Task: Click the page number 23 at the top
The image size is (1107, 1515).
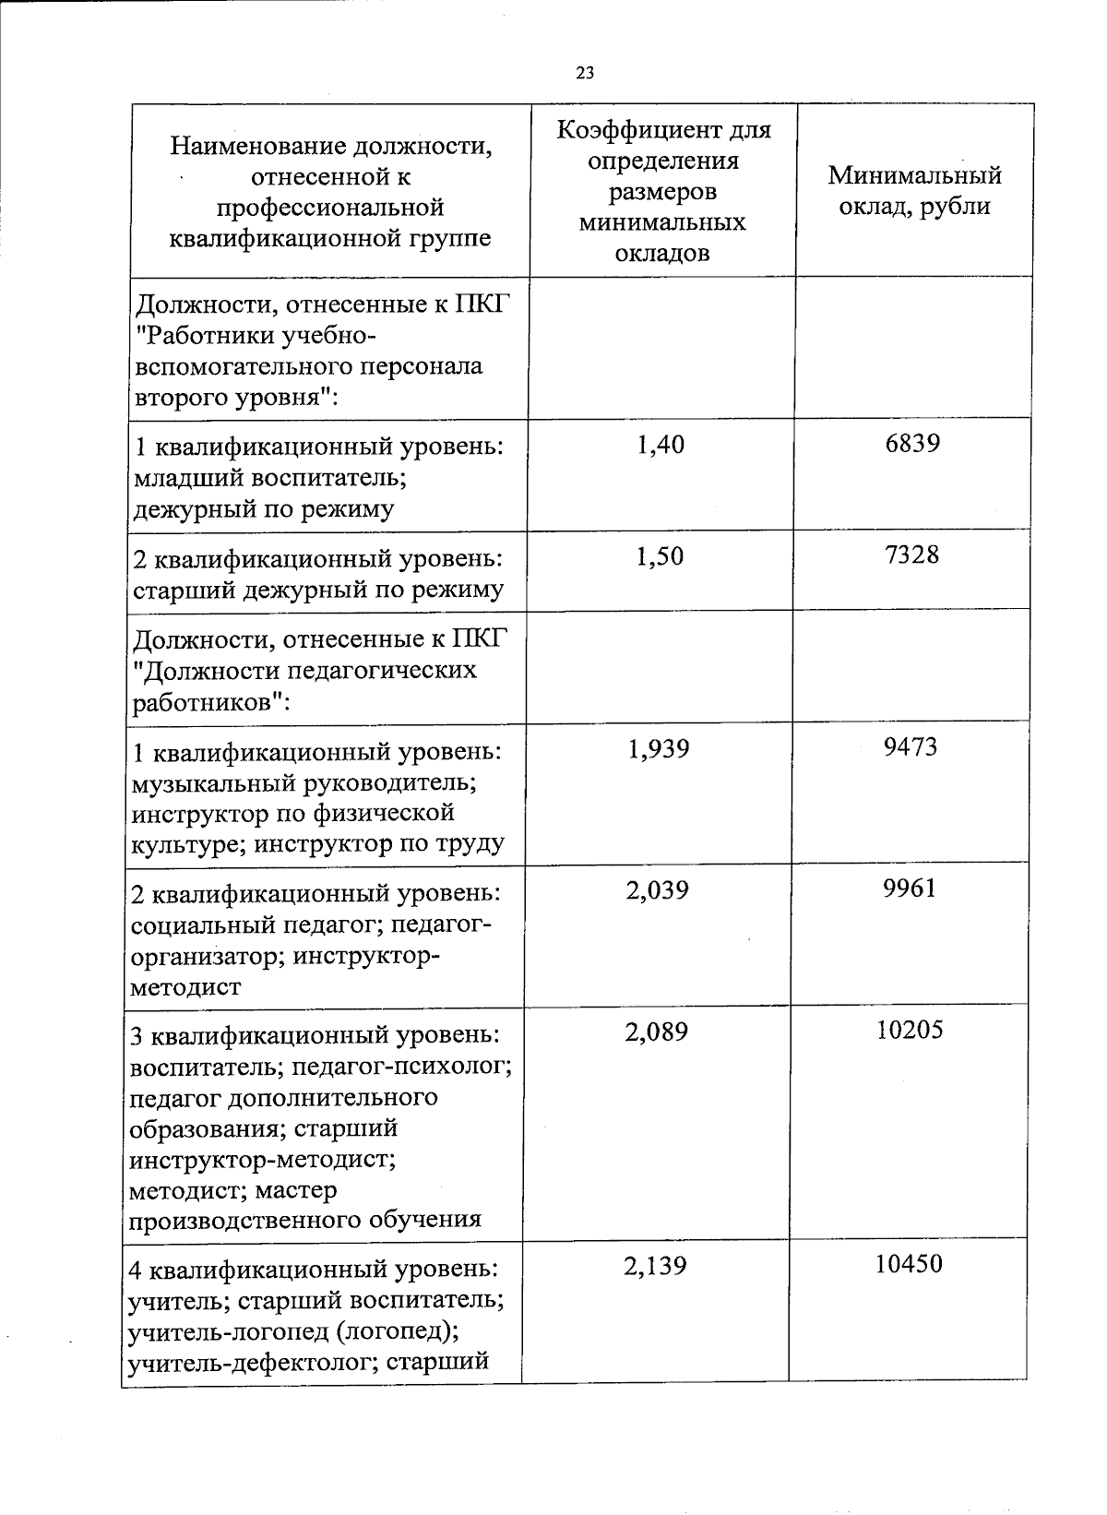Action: pyautogui.click(x=584, y=74)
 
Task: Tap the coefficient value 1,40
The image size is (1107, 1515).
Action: pyautogui.click(x=661, y=446)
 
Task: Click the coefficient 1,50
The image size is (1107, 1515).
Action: pyautogui.click(x=661, y=557)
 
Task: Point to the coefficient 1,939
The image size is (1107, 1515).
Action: pyautogui.click(x=658, y=748)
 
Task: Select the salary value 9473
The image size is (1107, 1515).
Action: pyautogui.click(x=910, y=746)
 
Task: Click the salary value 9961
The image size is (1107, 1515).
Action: pyautogui.click(x=909, y=889)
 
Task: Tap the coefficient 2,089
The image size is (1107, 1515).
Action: pyautogui.click(x=657, y=1032)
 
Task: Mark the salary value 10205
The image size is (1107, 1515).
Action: pyautogui.click(x=909, y=1030)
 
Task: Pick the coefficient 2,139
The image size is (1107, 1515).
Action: pyautogui.click(x=656, y=1266)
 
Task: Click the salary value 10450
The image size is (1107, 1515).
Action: pyautogui.click(x=909, y=1264)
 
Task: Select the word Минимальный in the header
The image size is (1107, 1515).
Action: pyautogui.click(x=914, y=175)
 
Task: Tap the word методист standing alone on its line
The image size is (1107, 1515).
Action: pyautogui.click(x=186, y=987)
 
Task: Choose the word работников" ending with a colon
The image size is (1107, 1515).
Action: pyautogui.click(x=213, y=702)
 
